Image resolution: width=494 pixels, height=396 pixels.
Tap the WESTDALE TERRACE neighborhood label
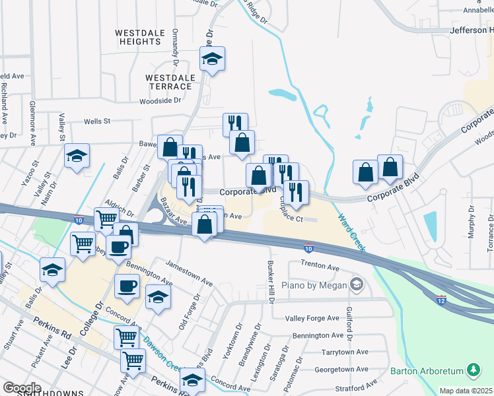tap(170, 82)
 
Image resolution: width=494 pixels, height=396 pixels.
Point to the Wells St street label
tap(96, 121)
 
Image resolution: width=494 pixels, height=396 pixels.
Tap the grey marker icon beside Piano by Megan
tap(357, 284)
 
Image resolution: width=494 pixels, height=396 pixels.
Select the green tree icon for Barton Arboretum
tap(473, 370)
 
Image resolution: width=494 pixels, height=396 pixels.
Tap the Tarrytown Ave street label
tap(344, 352)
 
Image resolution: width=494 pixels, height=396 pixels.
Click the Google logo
tap(22, 387)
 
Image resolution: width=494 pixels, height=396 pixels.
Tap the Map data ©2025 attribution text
tap(466, 391)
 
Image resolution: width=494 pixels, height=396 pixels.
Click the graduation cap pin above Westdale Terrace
tap(212, 60)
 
